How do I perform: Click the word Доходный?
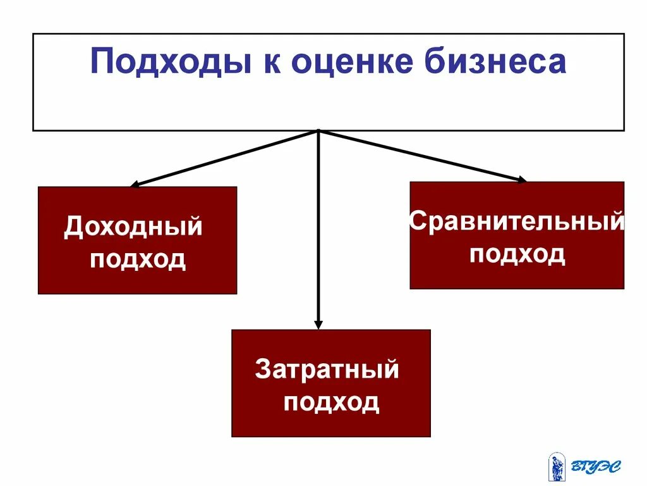tap(133, 227)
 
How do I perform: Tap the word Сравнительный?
tap(517, 222)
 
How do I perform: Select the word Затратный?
tap(327, 370)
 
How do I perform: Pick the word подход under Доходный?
tap(138, 259)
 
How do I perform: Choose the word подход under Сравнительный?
tap(517, 254)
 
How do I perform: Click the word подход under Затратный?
tap(331, 402)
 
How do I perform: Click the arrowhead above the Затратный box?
tap(318, 324)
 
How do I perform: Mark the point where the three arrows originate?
tap(318, 131)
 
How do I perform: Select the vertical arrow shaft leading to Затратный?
tap(318, 228)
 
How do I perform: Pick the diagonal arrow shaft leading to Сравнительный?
tap(420, 155)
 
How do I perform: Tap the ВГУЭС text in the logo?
tap(596, 467)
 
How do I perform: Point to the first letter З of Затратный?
tap(262, 370)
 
